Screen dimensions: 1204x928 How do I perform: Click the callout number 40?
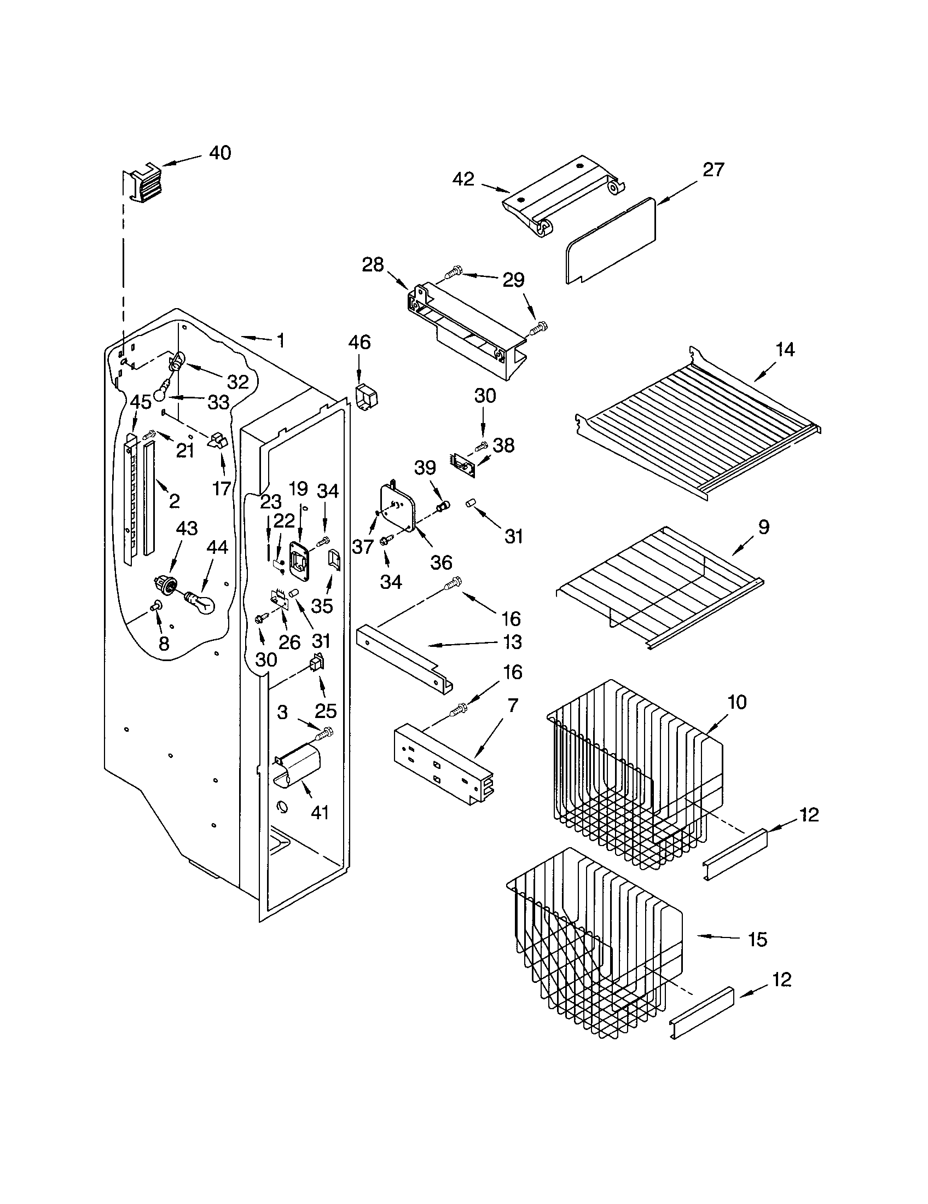tap(220, 153)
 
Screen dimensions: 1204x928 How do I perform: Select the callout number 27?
tap(712, 170)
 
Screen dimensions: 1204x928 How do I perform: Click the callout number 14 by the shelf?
tap(785, 350)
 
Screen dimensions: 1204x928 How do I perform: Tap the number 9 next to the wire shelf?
tap(763, 527)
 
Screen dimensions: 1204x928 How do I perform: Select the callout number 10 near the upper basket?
tap(737, 702)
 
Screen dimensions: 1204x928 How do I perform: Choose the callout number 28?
tap(373, 265)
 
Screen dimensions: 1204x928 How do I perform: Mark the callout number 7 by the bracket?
tap(513, 705)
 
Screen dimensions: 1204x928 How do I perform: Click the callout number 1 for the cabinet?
tap(281, 340)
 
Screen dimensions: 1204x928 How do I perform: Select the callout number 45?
tap(141, 402)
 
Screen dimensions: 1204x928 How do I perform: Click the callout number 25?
tap(326, 710)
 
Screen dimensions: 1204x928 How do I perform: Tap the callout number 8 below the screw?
tap(164, 643)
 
